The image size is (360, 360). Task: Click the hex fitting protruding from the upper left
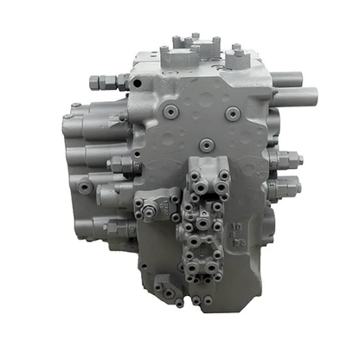click(x=102, y=81)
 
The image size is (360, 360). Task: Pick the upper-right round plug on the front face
click(x=232, y=112)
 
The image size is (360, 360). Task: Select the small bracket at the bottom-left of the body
click(x=166, y=287)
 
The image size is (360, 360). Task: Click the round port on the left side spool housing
click(x=86, y=185)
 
